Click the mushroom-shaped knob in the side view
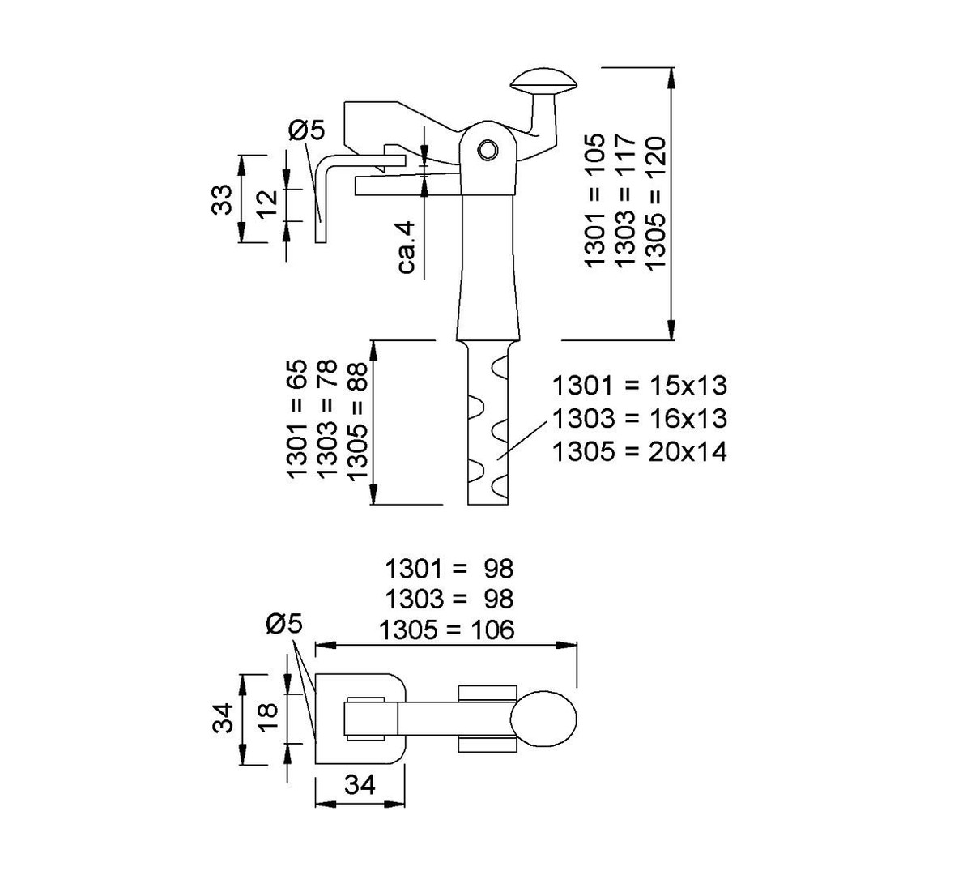click(543, 82)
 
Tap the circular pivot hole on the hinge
click(488, 149)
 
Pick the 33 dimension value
click(222, 198)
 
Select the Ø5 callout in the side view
click(306, 130)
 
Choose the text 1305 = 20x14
click(639, 451)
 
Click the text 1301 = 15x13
click(639, 385)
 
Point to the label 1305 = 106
click(449, 630)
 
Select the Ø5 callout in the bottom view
click(283, 624)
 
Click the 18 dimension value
click(267, 716)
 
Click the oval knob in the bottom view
click(543, 718)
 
